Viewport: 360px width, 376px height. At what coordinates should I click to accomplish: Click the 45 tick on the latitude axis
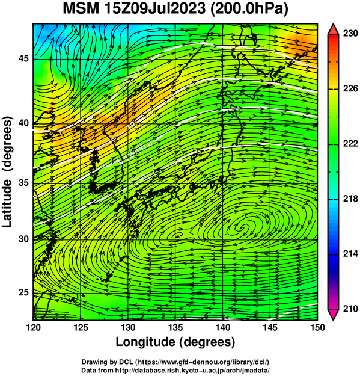23,58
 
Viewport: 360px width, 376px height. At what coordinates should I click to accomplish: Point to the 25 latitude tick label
23,293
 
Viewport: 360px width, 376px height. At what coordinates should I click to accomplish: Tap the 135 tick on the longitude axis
175,327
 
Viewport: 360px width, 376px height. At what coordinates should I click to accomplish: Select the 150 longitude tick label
317,327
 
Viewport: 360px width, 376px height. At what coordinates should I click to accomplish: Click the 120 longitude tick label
33,327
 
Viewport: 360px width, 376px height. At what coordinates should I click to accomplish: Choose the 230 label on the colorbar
350,34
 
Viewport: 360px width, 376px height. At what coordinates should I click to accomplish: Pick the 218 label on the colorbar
350,199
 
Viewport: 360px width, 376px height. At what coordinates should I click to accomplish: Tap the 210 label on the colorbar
350,309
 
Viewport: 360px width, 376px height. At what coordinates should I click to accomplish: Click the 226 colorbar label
350,88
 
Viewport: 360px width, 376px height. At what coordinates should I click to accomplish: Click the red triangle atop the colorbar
333,29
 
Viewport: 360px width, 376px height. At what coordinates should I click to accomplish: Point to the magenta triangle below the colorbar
333,315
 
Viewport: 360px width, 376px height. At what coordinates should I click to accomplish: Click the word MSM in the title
81,8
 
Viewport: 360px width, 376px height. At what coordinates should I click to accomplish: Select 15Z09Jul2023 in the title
154,8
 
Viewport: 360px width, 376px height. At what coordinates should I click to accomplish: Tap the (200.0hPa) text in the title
249,9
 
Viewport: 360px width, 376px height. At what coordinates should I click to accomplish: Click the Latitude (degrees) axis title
7,172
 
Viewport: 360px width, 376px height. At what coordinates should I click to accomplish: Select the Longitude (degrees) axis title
175,342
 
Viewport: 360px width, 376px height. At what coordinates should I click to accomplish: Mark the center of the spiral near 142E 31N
245,227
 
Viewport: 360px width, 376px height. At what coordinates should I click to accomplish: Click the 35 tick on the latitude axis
23,183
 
